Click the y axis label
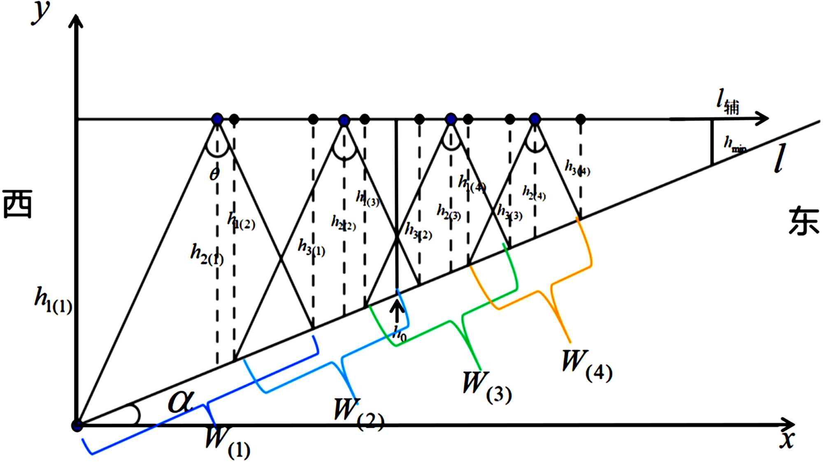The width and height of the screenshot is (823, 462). [42, 13]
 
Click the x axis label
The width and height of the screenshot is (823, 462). [787, 440]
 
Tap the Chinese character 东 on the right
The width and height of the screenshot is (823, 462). [803, 222]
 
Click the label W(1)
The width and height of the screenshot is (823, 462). [227, 443]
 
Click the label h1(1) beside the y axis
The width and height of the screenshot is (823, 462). [53, 301]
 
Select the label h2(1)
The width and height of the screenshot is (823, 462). [207, 254]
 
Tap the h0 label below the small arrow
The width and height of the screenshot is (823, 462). [399, 334]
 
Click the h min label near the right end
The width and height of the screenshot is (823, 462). [735, 145]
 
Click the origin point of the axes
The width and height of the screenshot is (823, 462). [77, 425]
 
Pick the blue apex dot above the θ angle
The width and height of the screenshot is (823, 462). [217, 119]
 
